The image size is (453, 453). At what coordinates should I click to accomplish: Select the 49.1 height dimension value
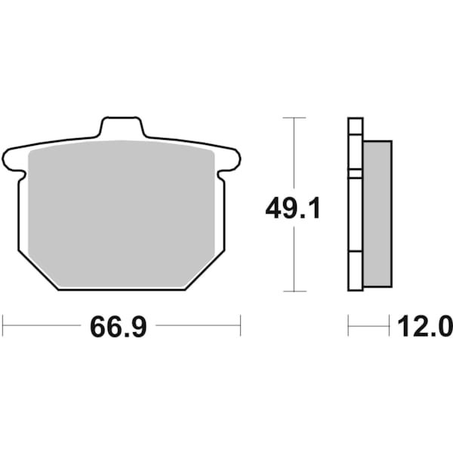(293, 207)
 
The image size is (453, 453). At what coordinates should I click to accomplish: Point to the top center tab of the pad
(122, 127)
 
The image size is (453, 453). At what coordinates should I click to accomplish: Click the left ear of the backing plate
(14, 160)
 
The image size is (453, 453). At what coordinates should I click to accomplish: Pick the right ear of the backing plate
(230, 160)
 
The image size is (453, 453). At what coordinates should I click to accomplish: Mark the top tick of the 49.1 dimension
(293, 118)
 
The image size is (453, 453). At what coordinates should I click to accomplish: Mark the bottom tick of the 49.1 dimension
(293, 291)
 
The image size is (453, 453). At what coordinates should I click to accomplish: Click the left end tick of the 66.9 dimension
(3, 326)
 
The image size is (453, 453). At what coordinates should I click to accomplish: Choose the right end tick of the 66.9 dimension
(240, 326)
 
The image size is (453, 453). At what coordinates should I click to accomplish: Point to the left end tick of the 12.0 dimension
(348, 326)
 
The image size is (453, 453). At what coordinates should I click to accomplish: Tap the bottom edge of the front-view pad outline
(121, 290)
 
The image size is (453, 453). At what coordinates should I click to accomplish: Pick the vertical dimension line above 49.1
(293, 155)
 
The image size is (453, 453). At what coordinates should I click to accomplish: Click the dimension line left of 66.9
(42, 326)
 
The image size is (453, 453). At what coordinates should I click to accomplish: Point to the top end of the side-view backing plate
(355, 119)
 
